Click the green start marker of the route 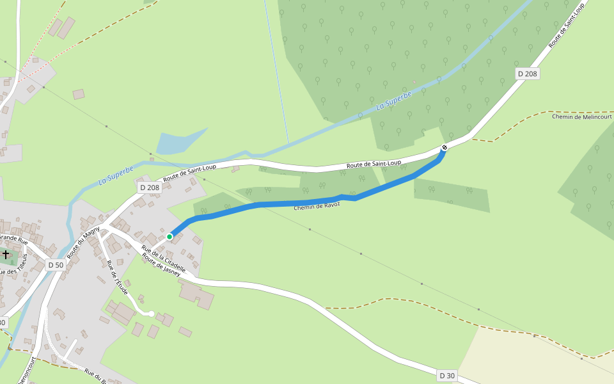[169, 237]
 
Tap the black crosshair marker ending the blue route [445, 148]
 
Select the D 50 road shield [56, 265]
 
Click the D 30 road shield [447, 376]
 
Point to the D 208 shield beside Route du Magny [149, 188]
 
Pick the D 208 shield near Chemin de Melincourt [528, 74]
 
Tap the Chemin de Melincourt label [581, 116]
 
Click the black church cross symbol [6, 255]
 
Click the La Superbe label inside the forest [394, 100]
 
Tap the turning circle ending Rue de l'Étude [151, 314]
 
